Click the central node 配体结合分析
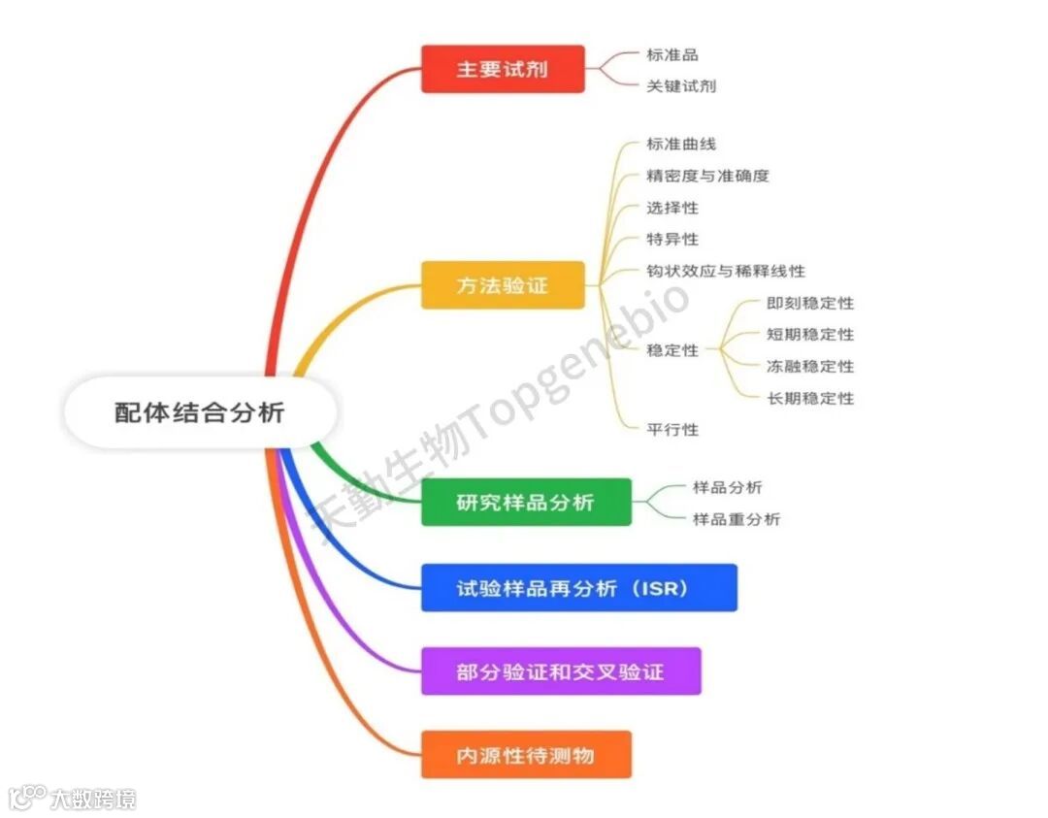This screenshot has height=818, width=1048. point(200,412)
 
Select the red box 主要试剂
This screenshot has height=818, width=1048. point(503,69)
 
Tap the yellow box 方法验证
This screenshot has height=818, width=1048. point(503,285)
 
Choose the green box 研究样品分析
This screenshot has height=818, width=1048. point(526,503)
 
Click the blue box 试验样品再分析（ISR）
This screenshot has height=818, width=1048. point(578,588)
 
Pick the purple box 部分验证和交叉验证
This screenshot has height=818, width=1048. point(561,671)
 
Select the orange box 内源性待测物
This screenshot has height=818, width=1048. point(526,755)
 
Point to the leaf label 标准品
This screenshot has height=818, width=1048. point(672,55)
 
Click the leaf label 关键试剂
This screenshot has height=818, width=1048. point(681,85)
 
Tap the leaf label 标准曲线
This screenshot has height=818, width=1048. point(681,144)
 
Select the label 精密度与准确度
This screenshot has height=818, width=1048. point(707,176)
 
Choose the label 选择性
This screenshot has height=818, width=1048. point(672,208)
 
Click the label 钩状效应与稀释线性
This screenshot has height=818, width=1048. point(726,271)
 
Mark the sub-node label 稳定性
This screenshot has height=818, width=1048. point(672,350)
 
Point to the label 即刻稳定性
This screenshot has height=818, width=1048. point(810,303)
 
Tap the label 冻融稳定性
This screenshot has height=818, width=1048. point(810,366)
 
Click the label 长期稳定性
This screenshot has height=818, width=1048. point(810,398)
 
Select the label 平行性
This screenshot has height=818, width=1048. point(672,429)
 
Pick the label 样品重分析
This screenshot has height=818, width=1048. point(736,519)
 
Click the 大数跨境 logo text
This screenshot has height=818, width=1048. point(93,799)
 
